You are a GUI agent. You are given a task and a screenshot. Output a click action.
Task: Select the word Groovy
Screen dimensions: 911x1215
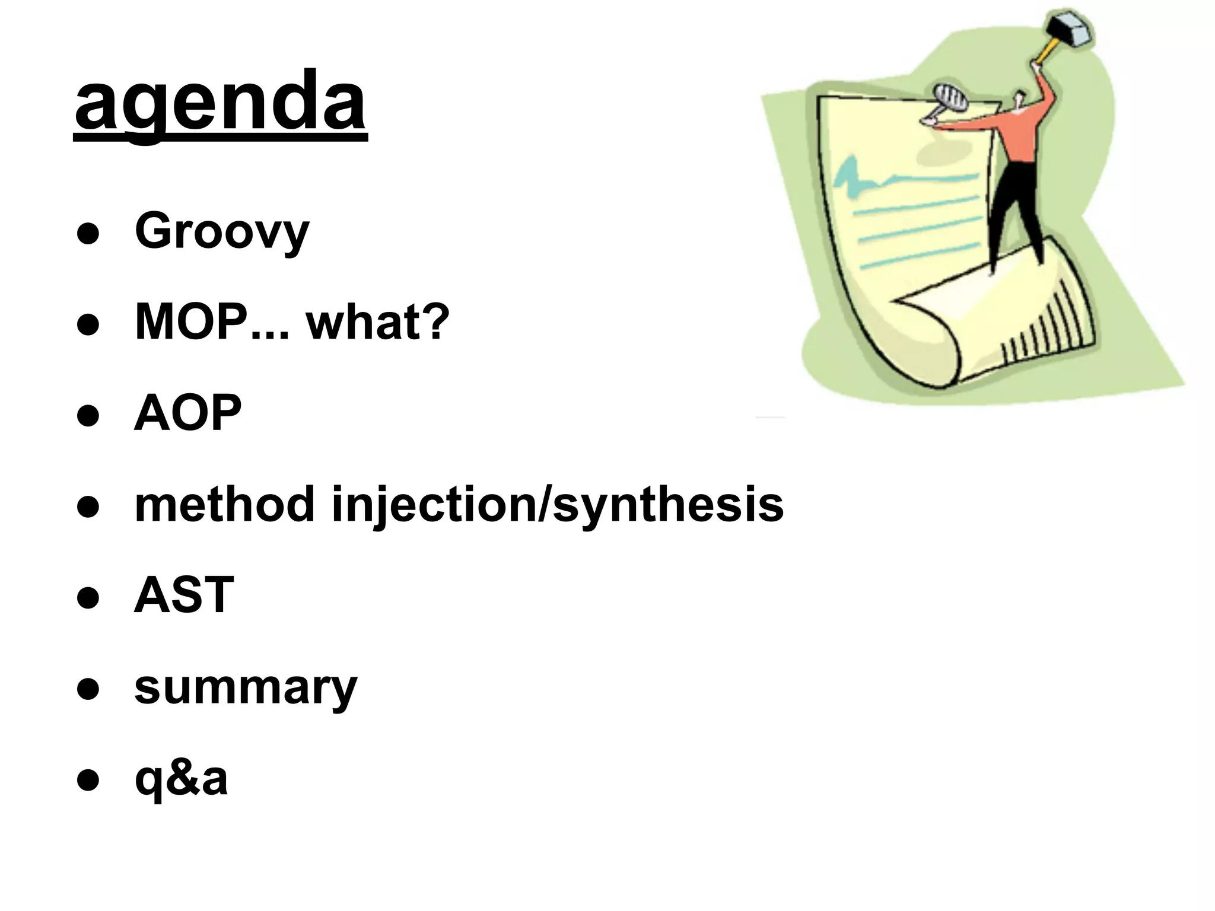pos(222,231)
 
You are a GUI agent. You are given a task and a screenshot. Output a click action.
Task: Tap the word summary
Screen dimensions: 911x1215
pos(246,687)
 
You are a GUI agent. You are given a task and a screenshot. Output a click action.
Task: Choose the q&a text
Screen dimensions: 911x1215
pos(181,778)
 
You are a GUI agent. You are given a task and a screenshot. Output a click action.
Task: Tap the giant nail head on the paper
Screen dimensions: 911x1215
pos(950,97)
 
